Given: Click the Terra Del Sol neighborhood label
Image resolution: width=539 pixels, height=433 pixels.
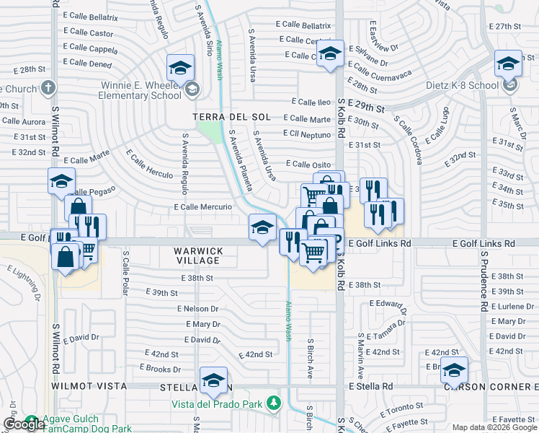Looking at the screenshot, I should tap(231, 116).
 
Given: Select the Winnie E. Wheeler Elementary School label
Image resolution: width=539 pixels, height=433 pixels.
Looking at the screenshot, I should tap(141, 89).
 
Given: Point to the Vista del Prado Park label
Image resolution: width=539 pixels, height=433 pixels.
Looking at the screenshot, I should tap(216, 404).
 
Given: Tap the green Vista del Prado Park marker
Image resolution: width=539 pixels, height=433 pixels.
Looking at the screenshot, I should tap(274, 402).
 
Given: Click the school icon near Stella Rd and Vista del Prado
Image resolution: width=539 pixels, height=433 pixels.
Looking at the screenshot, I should tap(214, 380).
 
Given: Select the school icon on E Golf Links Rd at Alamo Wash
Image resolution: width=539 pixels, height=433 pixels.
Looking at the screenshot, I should tap(262, 227).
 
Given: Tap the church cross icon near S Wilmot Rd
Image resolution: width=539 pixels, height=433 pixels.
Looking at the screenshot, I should tap(48, 88).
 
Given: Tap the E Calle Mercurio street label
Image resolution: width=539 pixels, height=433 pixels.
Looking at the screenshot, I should tap(202, 207).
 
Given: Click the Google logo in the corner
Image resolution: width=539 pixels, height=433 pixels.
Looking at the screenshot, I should tap(24, 424).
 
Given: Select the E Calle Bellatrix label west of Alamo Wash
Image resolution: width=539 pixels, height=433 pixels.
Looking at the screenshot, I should tap(90, 15).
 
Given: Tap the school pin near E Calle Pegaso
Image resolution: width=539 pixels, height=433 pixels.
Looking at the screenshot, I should tap(62, 181).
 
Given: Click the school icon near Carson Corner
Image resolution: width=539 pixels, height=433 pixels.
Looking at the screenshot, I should tap(454, 370).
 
